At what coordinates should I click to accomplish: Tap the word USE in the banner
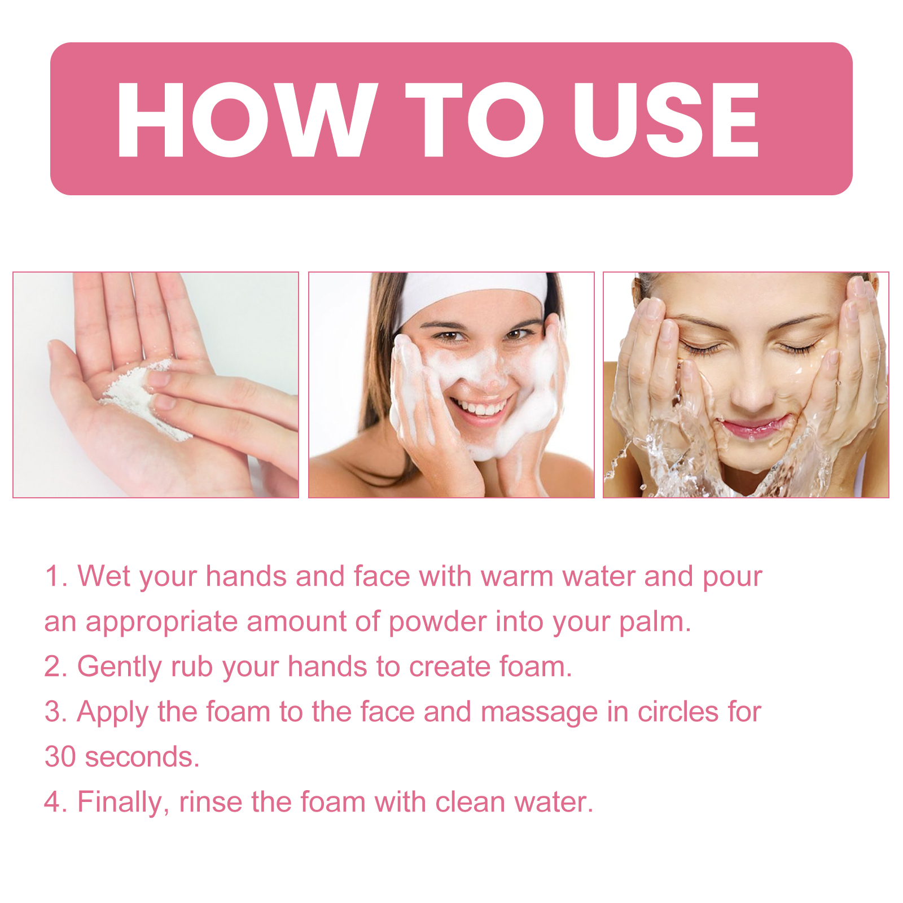tap(666, 119)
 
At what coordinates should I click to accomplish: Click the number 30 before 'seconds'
tap(60, 757)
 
